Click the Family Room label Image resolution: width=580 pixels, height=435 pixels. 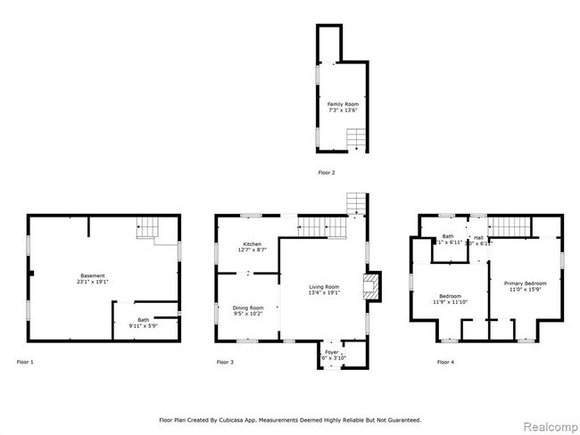coord(342,103)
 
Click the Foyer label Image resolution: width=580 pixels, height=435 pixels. coord(332,352)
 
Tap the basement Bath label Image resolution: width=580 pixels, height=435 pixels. coord(143,319)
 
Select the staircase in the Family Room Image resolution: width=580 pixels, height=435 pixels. coord(357,140)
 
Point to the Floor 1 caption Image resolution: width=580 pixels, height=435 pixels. coord(25,362)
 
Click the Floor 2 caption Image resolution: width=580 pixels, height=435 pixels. coord(327,172)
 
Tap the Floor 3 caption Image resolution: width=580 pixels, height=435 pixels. coord(225,362)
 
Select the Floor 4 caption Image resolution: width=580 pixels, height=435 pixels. coord(444,362)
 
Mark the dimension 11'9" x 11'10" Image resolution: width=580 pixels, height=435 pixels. coord(450,302)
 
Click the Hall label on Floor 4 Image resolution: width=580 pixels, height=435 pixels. coord(479,237)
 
